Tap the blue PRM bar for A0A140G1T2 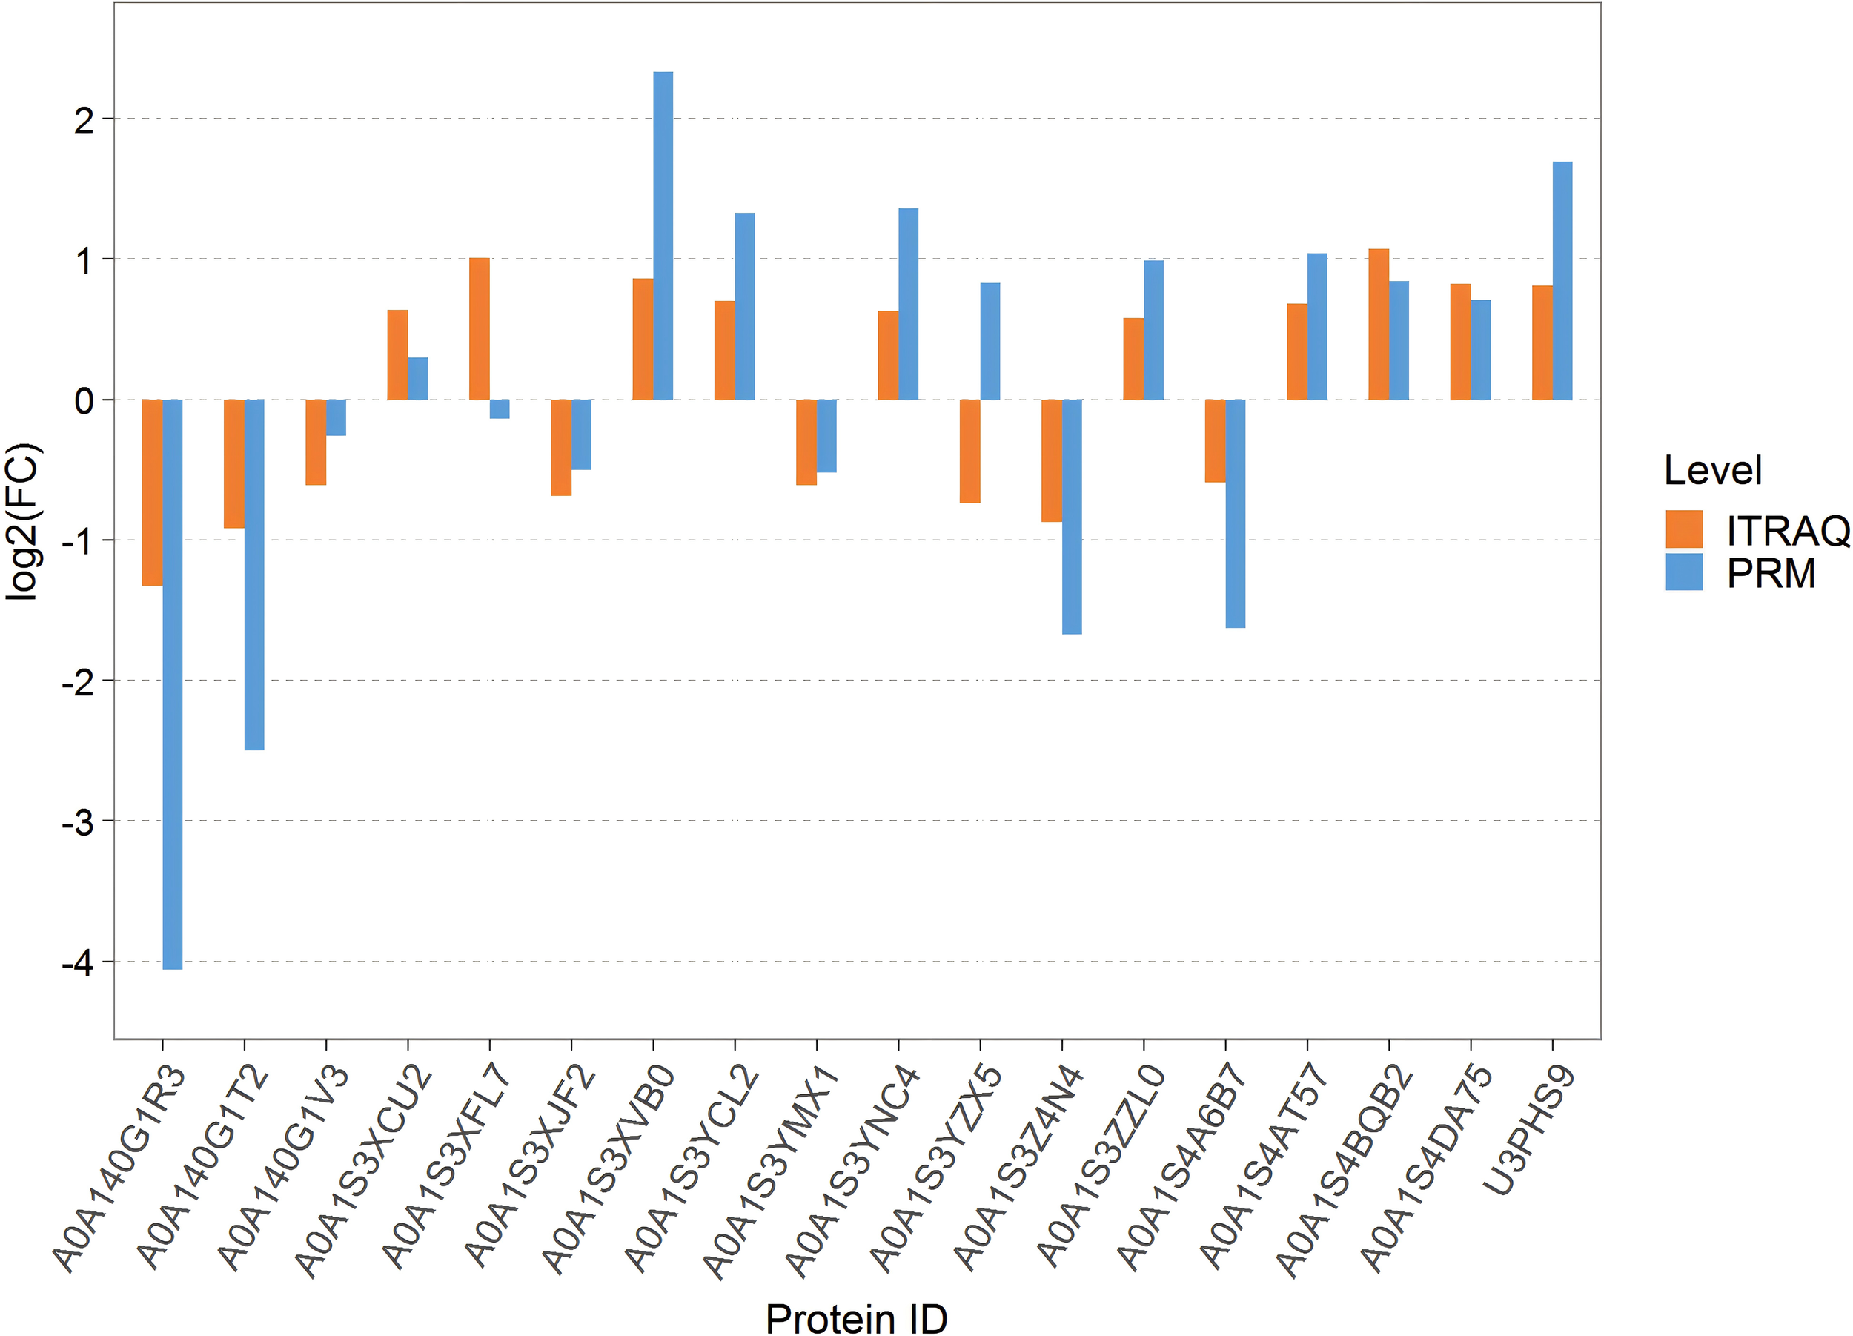pos(254,575)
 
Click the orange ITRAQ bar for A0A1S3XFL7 pos(480,328)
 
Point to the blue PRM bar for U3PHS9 pos(1562,280)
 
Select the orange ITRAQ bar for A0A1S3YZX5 pos(969,451)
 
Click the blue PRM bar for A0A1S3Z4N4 pos(1072,517)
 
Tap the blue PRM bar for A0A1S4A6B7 pos(1236,513)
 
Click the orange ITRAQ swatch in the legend pos(1684,529)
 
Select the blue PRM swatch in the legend pos(1684,572)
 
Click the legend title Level pos(1712,471)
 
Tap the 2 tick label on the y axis pos(84,120)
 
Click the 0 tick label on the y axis pos(84,401)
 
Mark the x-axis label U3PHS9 pos(1528,1131)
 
